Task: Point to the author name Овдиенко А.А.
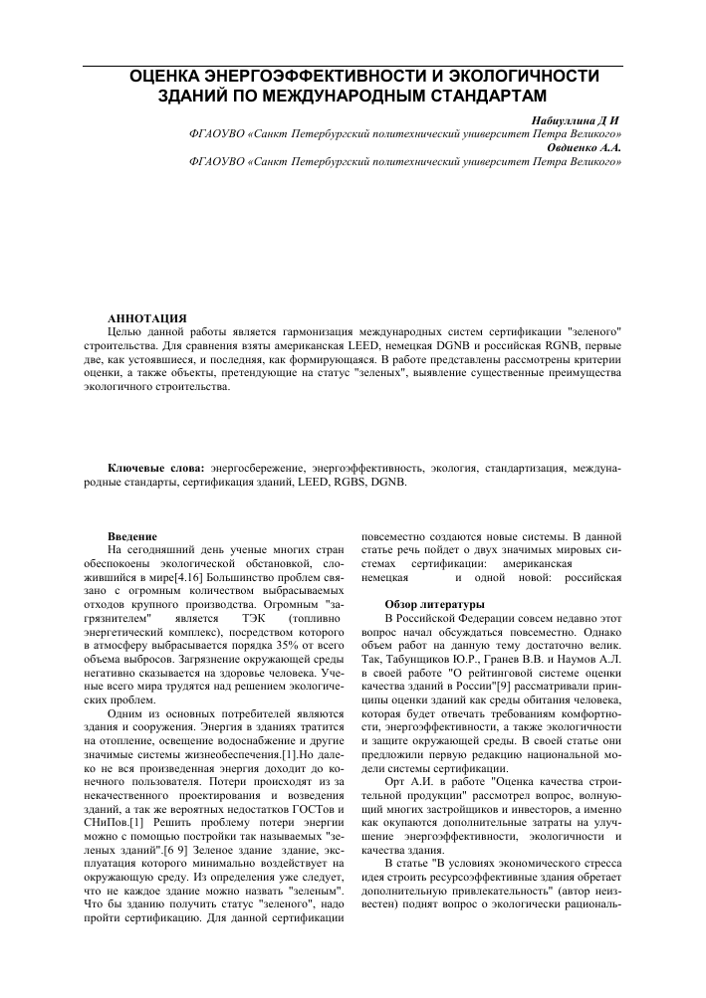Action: pyautogui.click(x=585, y=146)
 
